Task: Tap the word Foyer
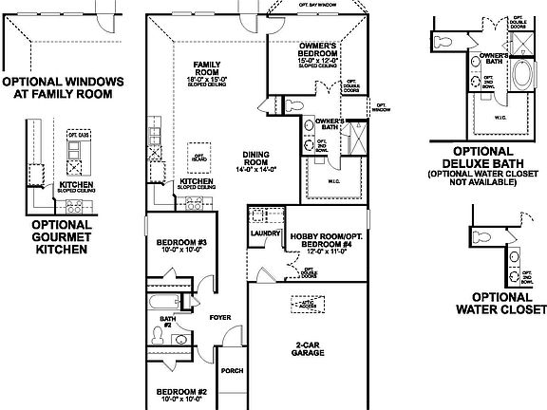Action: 220,318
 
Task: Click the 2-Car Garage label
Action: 308,348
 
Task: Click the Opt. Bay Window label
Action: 317,6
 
